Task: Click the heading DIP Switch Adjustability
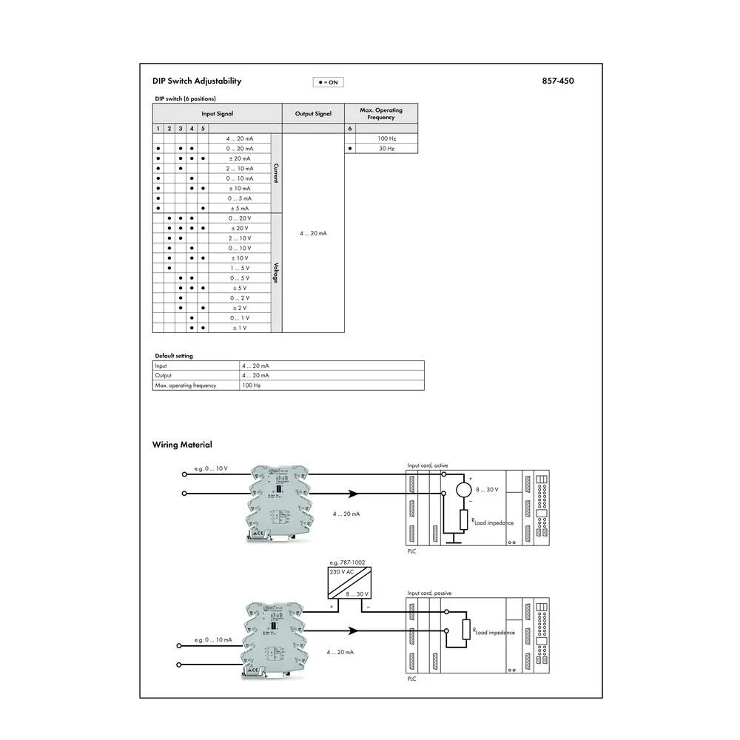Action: tap(197, 81)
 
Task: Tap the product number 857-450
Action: tap(558, 81)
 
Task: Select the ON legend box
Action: tap(328, 82)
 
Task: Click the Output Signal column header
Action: tap(313, 114)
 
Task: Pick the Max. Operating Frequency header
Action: tap(381, 114)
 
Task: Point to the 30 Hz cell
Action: tap(386, 149)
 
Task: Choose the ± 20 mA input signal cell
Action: tap(240, 158)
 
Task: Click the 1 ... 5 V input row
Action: tap(240, 268)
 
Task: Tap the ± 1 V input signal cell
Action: tap(240, 327)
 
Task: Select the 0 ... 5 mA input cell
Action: tap(240, 198)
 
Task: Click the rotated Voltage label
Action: tap(277, 272)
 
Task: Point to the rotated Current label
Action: tap(277, 173)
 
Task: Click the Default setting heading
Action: tap(173, 356)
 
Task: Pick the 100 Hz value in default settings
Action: tap(252, 386)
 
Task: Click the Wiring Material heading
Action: tap(182, 445)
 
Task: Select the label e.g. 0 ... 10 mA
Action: tap(213, 639)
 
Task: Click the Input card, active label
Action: tap(428, 465)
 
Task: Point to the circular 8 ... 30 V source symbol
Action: tap(464, 490)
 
